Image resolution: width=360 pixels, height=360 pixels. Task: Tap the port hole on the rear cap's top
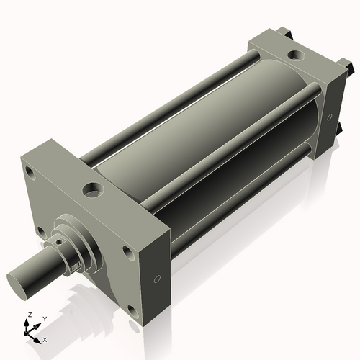[x=297, y=55]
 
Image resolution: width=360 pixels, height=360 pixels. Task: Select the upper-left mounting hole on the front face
[x=29, y=174]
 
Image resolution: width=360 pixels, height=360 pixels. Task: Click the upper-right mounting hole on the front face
[x=127, y=252]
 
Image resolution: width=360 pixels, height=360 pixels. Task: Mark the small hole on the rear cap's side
[x=328, y=115]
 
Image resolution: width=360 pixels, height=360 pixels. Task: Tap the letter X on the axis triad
[x=45, y=338]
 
